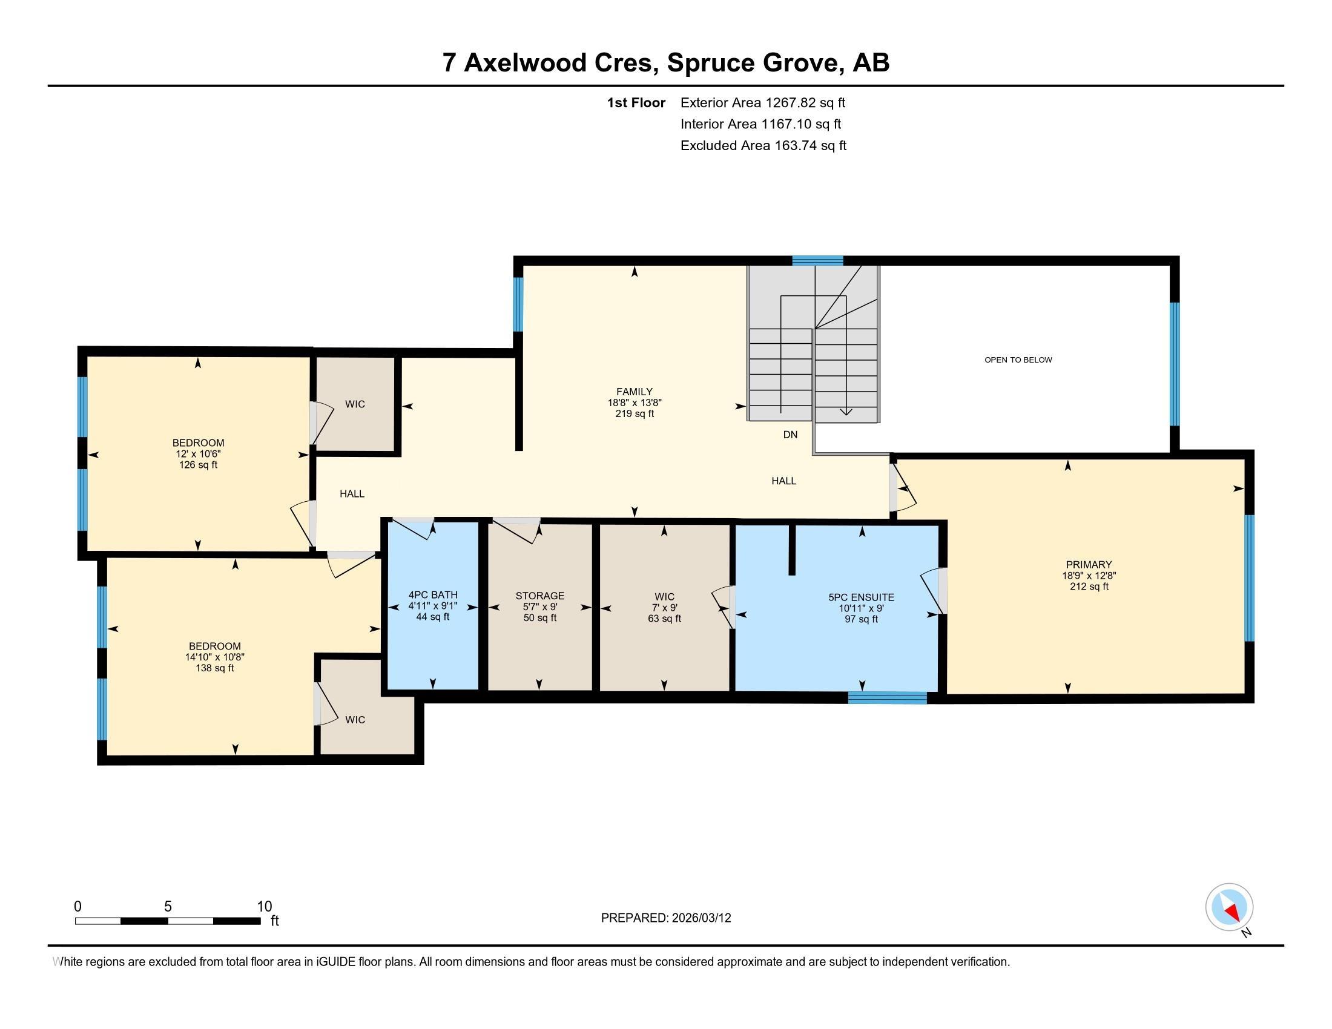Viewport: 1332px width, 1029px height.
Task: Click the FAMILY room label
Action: point(635,392)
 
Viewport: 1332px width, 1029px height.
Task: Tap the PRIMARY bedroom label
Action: point(1089,565)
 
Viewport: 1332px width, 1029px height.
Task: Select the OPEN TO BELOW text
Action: point(1018,360)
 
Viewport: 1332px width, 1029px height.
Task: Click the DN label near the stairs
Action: point(790,435)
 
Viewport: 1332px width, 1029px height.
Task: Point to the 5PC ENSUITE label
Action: point(860,597)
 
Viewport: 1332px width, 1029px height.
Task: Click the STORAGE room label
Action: point(539,596)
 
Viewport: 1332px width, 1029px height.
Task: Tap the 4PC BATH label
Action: point(432,595)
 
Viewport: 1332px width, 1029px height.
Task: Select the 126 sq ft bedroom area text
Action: point(198,465)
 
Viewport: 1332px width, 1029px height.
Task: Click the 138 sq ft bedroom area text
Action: point(214,668)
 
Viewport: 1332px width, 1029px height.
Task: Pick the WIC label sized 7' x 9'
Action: point(664,597)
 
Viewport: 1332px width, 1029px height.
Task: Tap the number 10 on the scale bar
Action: point(264,907)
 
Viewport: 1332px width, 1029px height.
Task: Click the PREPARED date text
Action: point(665,918)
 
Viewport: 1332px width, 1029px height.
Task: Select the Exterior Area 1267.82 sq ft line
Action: point(762,102)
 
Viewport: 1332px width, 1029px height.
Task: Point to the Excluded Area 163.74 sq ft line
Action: point(763,146)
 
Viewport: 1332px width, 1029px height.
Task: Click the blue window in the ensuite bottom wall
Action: point(888,698)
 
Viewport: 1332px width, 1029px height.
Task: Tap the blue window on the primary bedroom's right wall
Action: point(1248,578)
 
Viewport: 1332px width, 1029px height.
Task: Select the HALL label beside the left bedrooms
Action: point(352,494)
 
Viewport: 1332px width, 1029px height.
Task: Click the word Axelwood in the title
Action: point(561,62)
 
